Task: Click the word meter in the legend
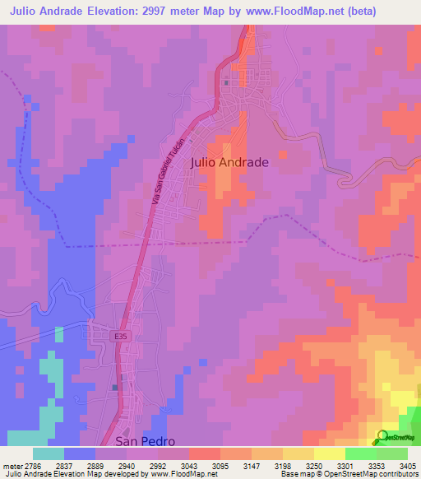11,467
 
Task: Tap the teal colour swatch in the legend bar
49,453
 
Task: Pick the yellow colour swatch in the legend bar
329,453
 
